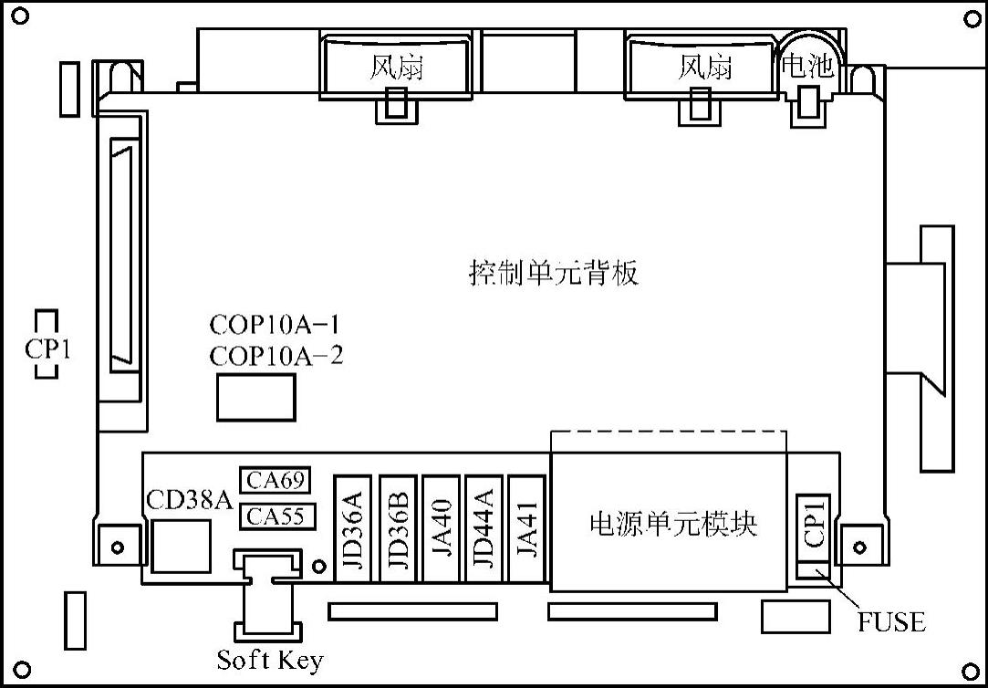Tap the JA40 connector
pyautogui.click(x=442, y=528)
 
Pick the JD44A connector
pyautogui.click(x=485, y=528)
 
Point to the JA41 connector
pyautogui.click(x=527, y=528)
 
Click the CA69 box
pyautogui.click(x=276, y=480)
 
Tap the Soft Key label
pyautogui.click(x=270, y=660)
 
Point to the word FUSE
pyautogui.click(x=891, y=622)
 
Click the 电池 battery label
pyautogui.click(x=808, y=66)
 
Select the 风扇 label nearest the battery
pyautogui.click(x=705, y=67)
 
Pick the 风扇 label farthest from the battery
pyautogui.click(x=397, y=67)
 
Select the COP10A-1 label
pyautogui.click(x=276, y=325)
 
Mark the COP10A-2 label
pyautogui.click(x=276, y=355)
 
